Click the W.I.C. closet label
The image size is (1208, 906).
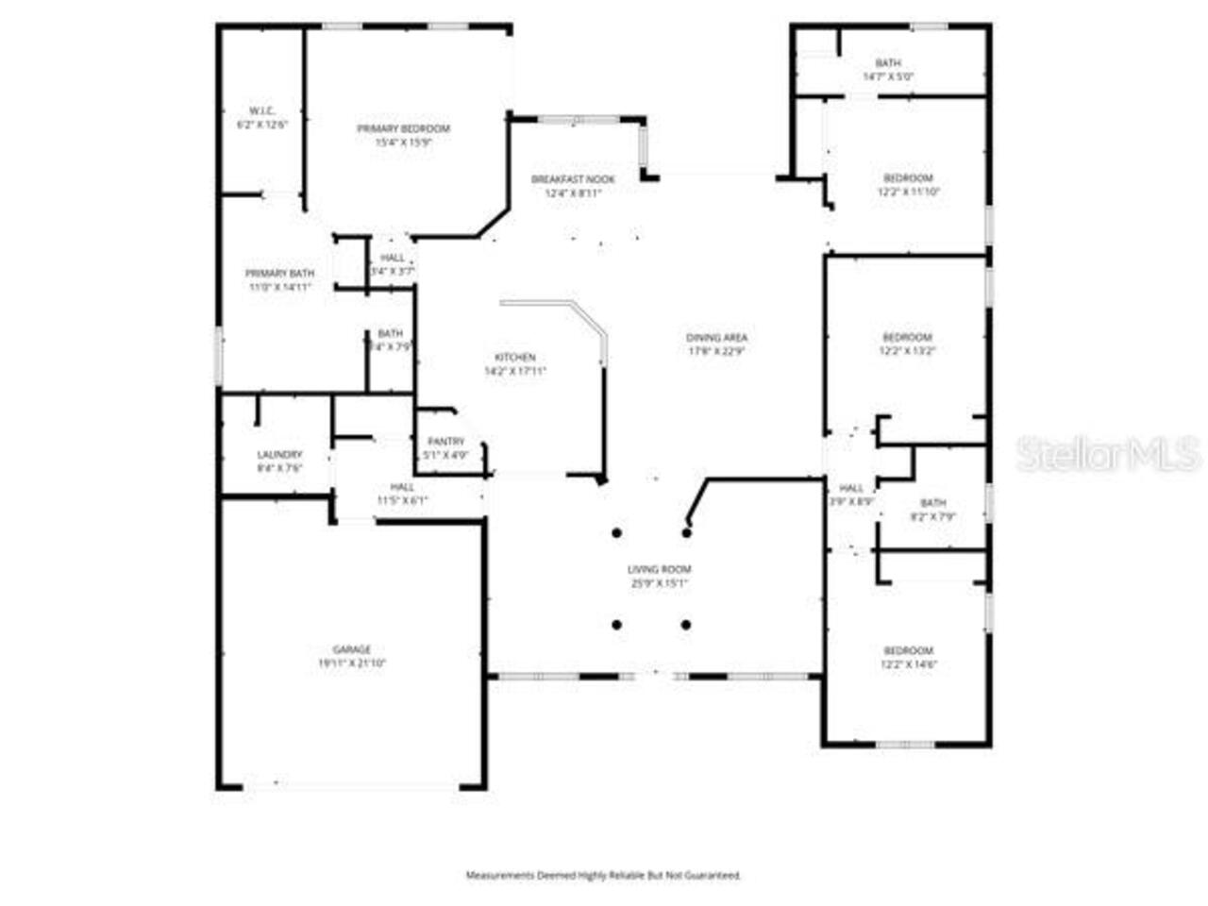pyautogui.click(x=261, y=110)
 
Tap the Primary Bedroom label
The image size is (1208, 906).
pyautogui.click(x=403, y=128)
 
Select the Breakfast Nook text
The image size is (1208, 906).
pyautogui.click(x=573, y=179)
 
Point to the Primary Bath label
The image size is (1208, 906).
pyautogui.click(x=279, y=274)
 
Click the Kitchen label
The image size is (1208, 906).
pyautogui.click(x=515, y=358)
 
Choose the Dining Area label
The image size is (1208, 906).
pyautogui.click(x=716, y=338)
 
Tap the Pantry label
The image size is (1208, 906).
pyautogui.click(x=445, y=442)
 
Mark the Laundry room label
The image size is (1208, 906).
pyautogui.click(x=279, y=455)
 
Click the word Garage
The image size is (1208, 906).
pyautogui.click(x=351, y=649)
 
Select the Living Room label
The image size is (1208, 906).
pyautogui.click(x=660, y=570)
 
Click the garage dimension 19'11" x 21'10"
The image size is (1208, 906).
pyautogui.click(x=351, y=663)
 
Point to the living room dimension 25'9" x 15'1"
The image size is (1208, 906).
pyautogui.click(x=660, y=584)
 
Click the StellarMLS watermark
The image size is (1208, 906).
pyautogui.click(x=1109, y=455)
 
